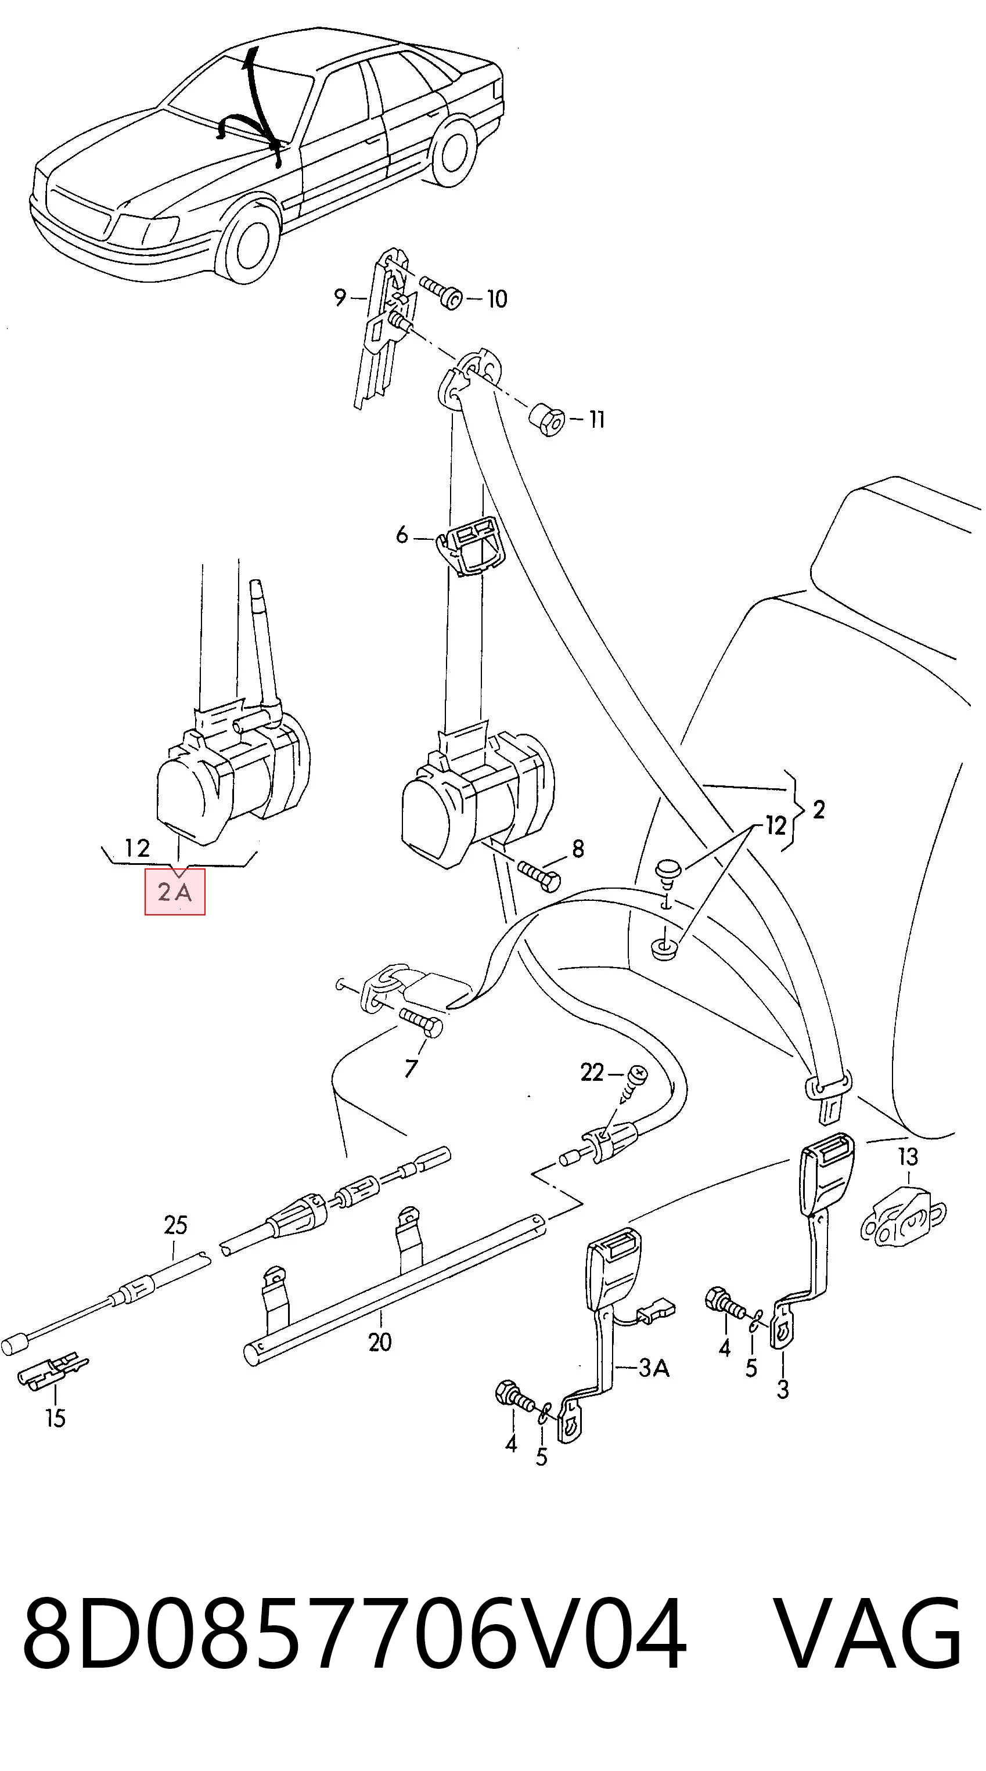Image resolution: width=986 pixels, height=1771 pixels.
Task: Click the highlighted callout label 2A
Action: (x=175, y=892)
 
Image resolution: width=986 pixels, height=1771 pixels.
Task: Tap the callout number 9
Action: (x=340, y=298)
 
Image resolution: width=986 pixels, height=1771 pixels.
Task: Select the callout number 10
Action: (x=496, y=298)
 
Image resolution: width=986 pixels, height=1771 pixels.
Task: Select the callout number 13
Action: (x=908, y=1156)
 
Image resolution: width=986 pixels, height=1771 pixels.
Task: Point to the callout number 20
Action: (x=380, y=1341)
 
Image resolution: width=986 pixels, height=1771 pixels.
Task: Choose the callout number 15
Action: (x=56, y=1417)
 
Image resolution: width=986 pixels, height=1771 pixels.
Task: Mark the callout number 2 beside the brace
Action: (x=818, y=810)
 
